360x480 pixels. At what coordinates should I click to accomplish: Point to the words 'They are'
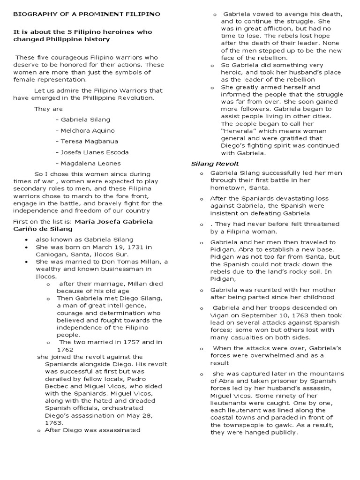click(48, 109)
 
